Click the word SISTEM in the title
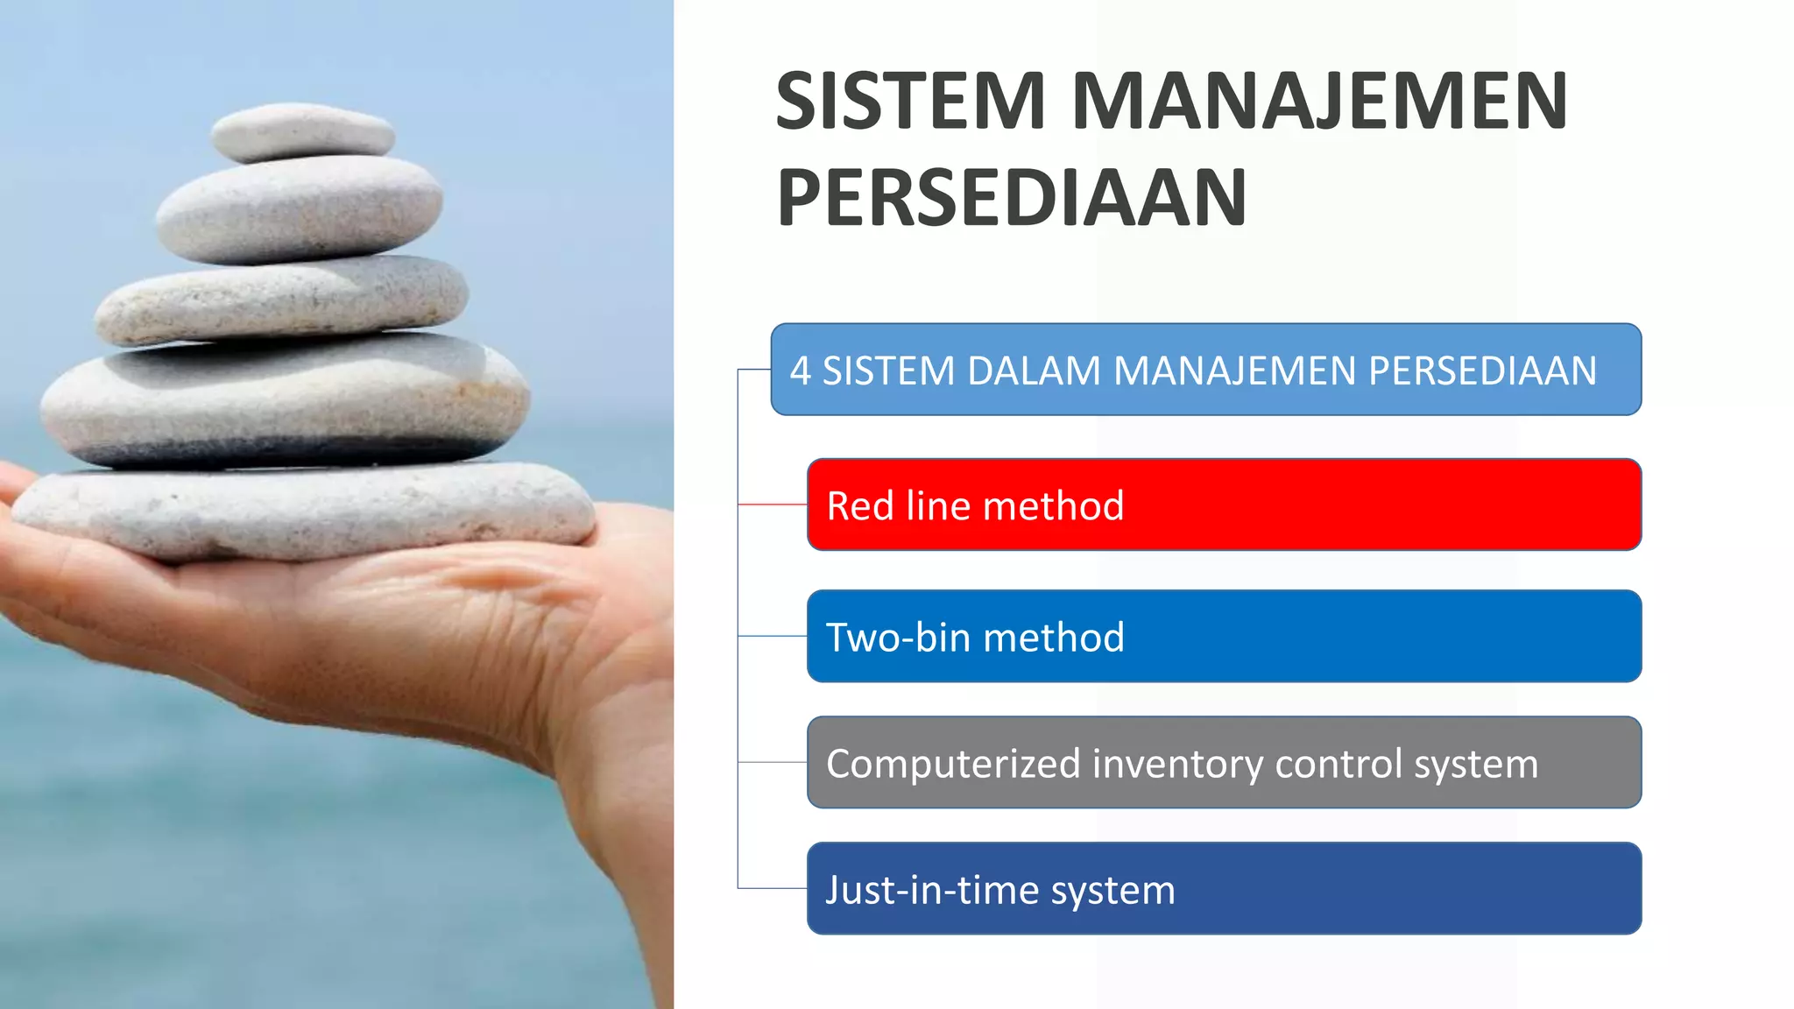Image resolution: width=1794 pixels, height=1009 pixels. click(911, 102)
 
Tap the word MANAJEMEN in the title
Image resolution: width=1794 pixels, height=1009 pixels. click(1319, 102)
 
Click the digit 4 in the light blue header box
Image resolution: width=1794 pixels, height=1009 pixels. click(800, 370)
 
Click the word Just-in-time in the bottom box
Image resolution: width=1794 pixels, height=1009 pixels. click(932, 890)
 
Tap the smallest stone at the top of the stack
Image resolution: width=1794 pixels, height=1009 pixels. click(303, 131)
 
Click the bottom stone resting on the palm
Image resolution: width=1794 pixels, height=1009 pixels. click(307, 512)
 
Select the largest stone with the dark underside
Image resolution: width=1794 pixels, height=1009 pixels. click(285, 399)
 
